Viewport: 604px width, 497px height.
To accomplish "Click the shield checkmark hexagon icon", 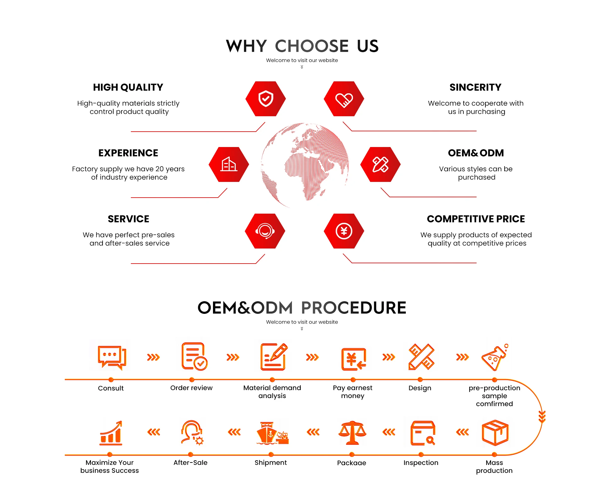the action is coord(266,99).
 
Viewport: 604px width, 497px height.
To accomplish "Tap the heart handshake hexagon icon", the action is coord(344,99).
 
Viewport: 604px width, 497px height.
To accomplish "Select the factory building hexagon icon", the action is coord(229,164).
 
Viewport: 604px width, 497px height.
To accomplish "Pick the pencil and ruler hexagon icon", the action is coord(380,164).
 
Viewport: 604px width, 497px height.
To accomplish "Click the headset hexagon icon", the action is coord(265,231).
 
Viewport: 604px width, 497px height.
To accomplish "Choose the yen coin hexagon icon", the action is coord(344,231).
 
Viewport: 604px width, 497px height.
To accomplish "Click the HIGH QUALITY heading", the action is coord(128,87).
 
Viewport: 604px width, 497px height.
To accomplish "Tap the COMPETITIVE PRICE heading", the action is coord(476,219).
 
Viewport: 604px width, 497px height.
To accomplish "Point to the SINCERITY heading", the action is coord(475,87).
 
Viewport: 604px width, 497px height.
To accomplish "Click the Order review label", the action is coord(191,388).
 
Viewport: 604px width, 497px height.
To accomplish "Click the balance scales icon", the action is coord(352,433).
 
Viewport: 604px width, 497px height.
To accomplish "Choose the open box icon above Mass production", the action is coord(495,433).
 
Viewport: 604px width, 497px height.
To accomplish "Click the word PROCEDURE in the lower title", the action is coord(354,308).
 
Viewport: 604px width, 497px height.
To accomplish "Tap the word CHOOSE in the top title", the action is coord(312,46).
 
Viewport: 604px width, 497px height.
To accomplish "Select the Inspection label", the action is coord(421,463).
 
